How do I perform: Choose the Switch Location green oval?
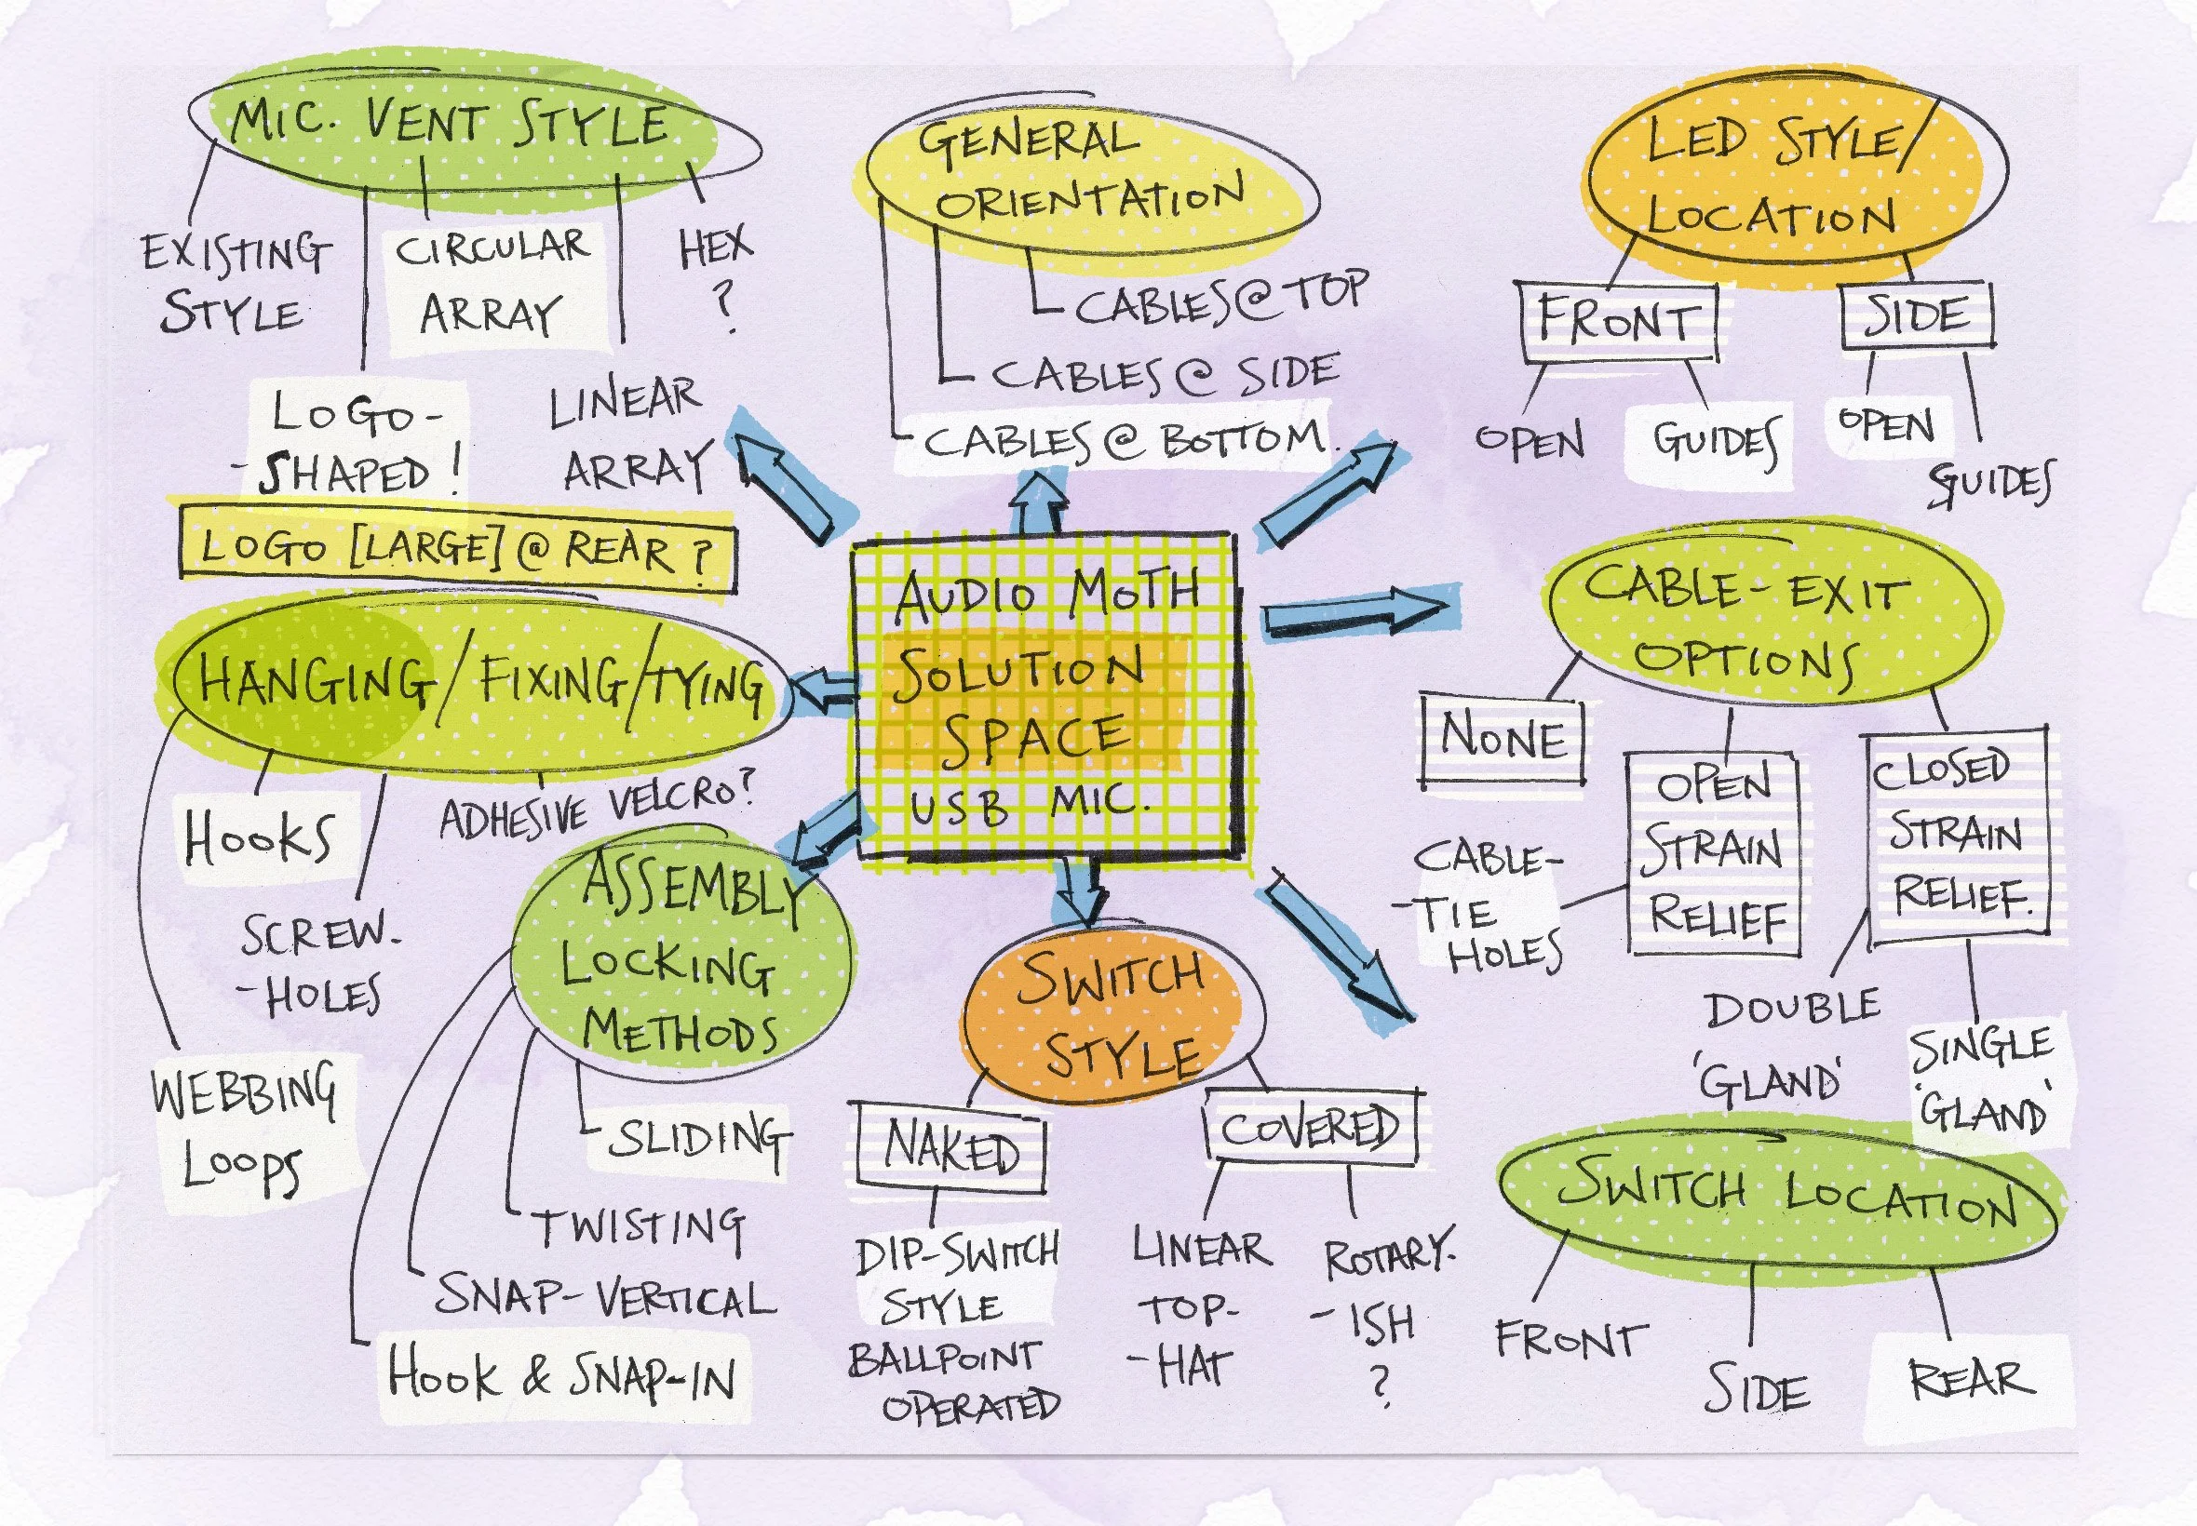click(1779, 1195)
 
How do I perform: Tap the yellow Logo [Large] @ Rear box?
click(456, 549)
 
